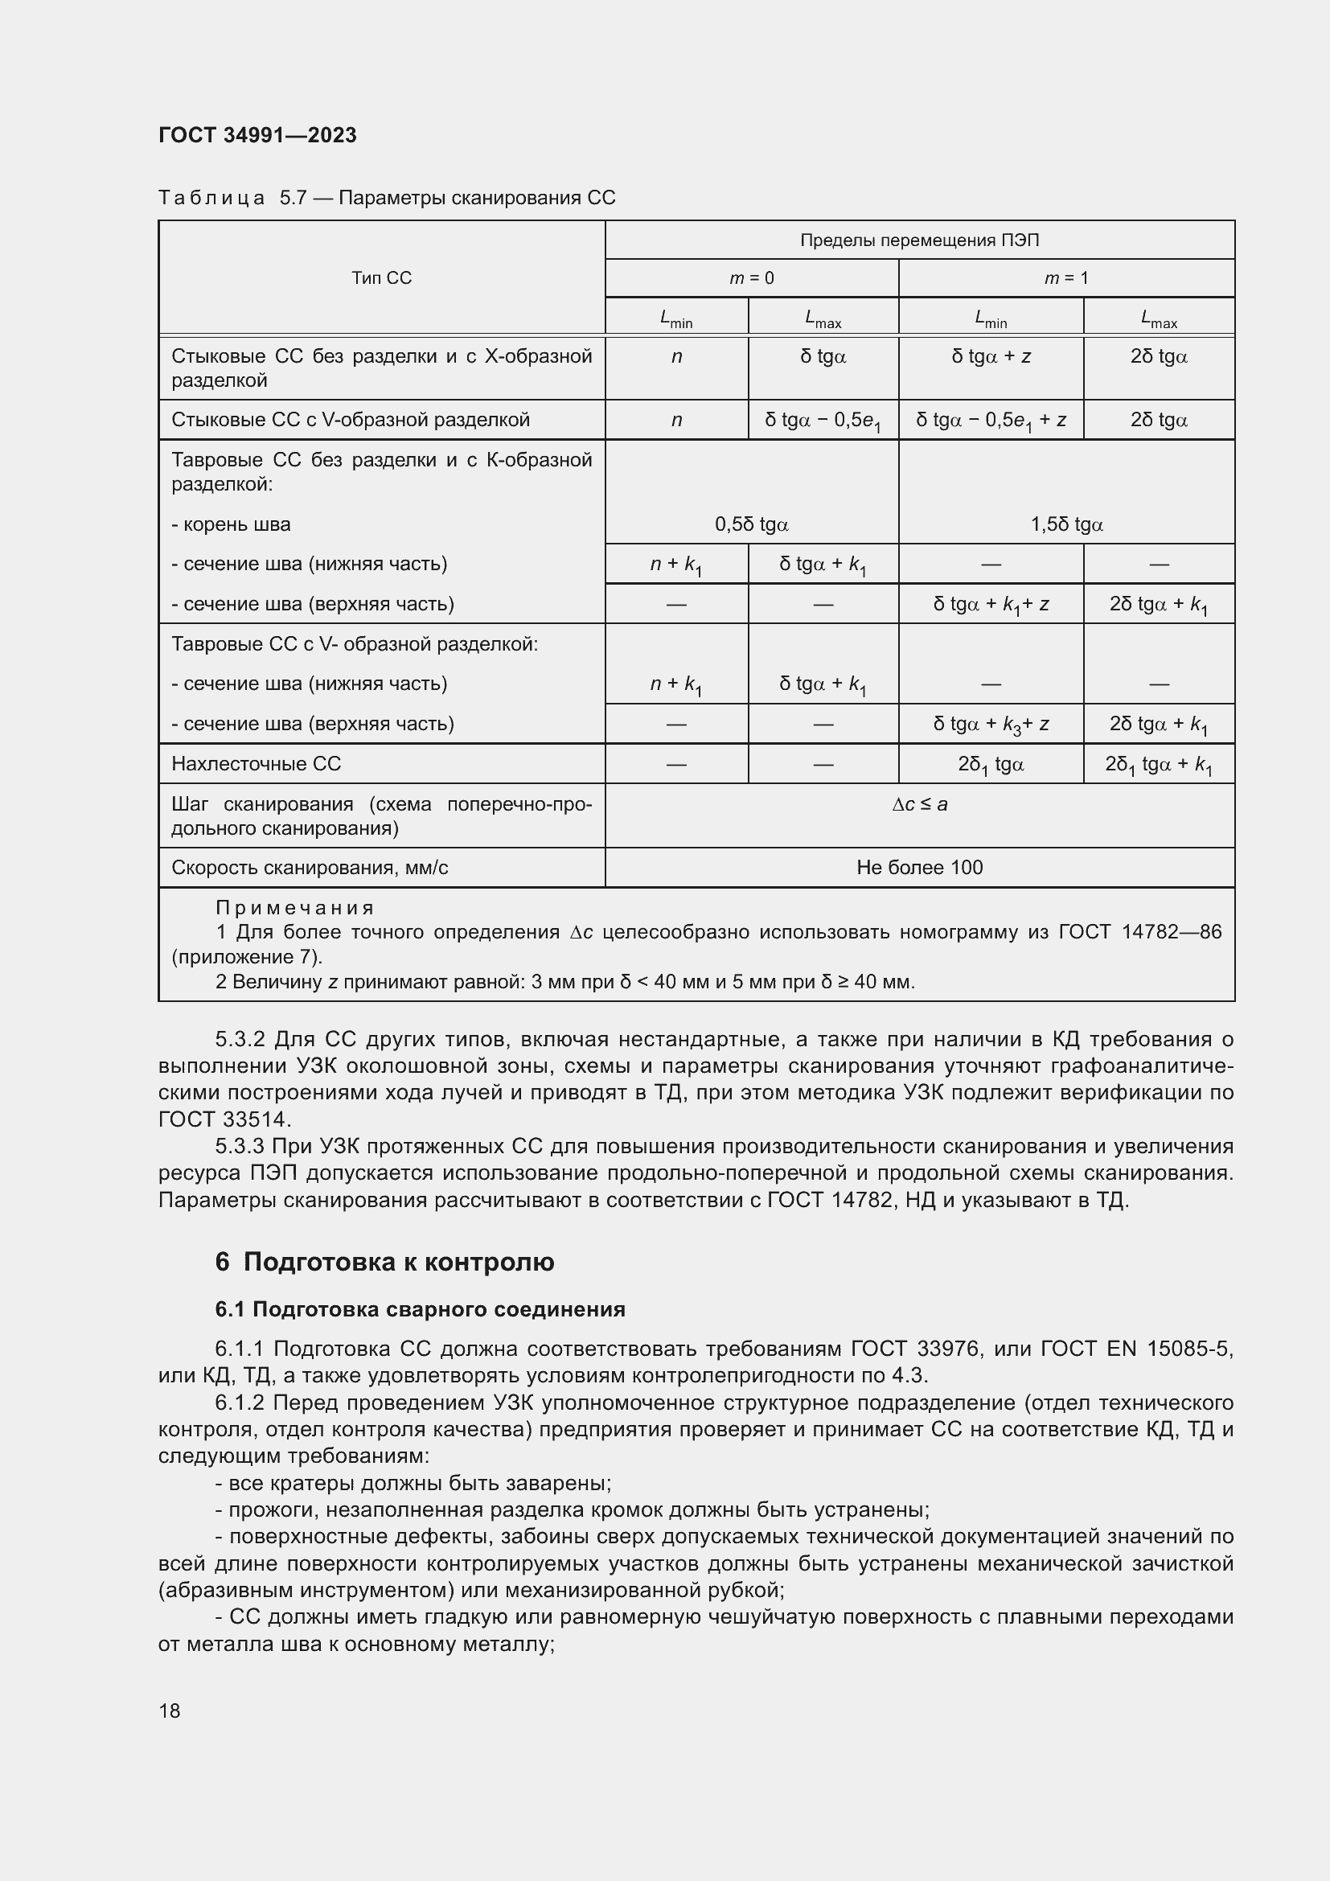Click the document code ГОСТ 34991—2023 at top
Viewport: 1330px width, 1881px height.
click(x=257, y=135)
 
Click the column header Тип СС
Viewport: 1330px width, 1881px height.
click(x=381, y=277)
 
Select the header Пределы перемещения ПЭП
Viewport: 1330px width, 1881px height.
click(x=919, y=240)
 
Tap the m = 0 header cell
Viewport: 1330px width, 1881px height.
click(x=751, y=277)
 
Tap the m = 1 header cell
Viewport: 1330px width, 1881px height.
click(x=1065, y=277)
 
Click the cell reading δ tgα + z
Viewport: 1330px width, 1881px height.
click(x=990, y=356)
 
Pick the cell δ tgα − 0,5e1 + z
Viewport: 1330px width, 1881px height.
click(x=990, y=421)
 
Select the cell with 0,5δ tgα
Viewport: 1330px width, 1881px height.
click(x=751, y=524)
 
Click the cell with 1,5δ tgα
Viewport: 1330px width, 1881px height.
click(x=1065, y=524)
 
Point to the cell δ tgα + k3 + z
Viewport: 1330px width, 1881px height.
click(x=990, y=725)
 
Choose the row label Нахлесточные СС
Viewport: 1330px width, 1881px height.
click(x=256, y=763)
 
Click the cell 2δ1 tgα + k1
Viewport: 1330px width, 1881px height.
click(x=1158, y=764)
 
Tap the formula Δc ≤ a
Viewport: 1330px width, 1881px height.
click(x=919, y=804)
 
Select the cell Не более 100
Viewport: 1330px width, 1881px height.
click(x=919, y=868)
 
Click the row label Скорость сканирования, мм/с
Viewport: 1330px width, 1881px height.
click(x=310, y=868)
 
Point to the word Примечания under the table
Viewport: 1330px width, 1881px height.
click(x=295, y=908)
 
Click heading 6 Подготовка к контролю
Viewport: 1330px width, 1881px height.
click(x=384, y=1262)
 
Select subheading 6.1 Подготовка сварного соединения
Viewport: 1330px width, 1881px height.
click(x=419, y=1309)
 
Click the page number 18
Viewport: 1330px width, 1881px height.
click(x=170, y=1711)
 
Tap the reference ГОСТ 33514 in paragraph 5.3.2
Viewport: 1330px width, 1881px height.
click(x=224, y=1119)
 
